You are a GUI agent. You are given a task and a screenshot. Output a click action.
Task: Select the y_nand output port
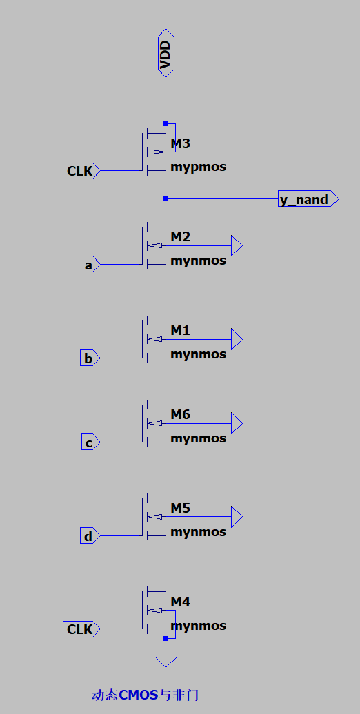(x=308, y=199)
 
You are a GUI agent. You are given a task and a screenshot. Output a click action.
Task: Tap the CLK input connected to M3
(x=81, y=171)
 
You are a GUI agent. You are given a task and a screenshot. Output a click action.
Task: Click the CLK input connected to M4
(x=81, y=629)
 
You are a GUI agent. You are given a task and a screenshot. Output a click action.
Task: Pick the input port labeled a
(x=90, y=265)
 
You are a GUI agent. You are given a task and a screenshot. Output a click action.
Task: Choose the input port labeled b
(x=90, y=358)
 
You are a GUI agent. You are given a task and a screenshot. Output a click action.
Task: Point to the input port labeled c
(x=90, y=442)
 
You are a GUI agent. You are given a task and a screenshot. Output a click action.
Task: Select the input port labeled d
(x=90, y=536)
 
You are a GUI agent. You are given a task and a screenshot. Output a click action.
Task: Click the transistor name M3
(x=181, y=144)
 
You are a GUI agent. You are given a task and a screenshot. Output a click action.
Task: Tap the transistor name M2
(x=181, y=237)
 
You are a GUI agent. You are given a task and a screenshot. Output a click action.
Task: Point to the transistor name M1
(x=181, y=331)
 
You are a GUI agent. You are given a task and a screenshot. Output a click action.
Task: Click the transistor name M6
(x=181, y=414)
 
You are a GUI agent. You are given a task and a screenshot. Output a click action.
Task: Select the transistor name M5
(x=181, y=508)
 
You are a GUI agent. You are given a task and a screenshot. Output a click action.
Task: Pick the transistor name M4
(x=181, y=602)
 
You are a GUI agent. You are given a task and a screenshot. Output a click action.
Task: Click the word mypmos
(x=198, y=167)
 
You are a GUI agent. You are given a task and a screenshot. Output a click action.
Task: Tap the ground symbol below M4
(x=166, y=662)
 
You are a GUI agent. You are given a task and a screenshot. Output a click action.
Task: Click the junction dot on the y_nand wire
(x=166, y=199)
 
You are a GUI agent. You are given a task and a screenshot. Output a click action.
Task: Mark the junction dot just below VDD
(x=166, y=124)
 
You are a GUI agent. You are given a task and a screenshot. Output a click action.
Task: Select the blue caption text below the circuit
(x=145, y=695)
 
